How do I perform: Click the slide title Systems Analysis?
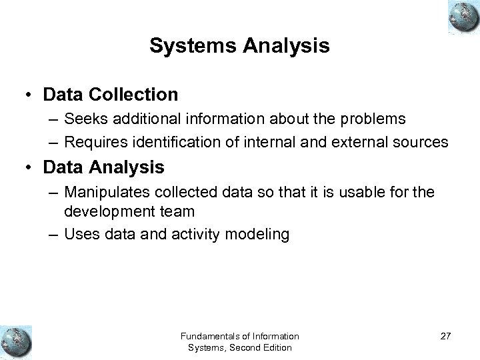point(239,46)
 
